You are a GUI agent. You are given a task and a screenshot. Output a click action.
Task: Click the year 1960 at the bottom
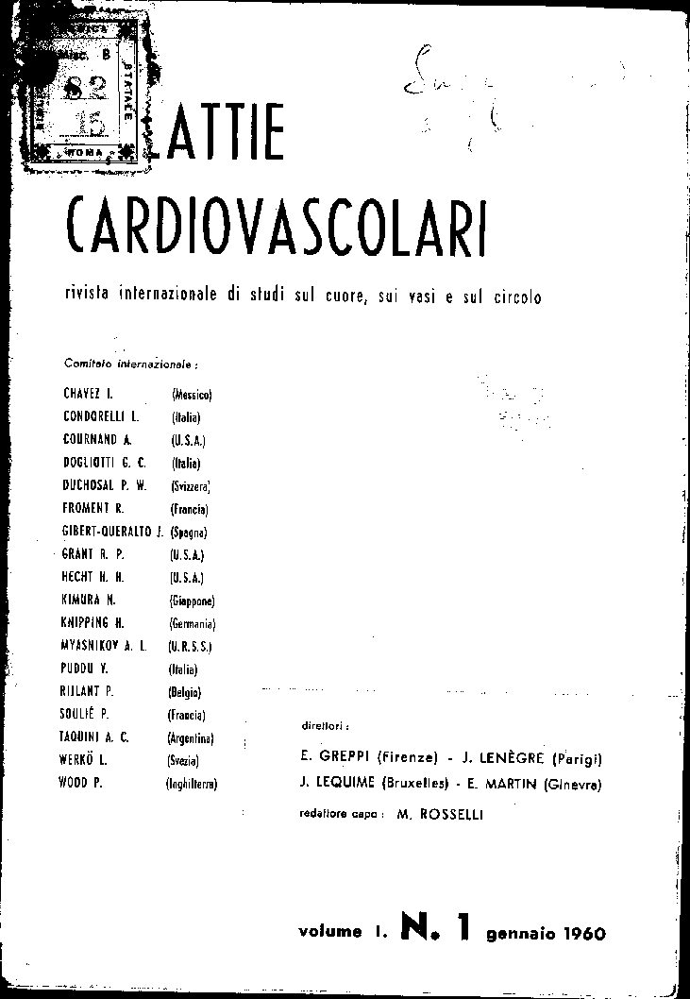pos(572,934)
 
